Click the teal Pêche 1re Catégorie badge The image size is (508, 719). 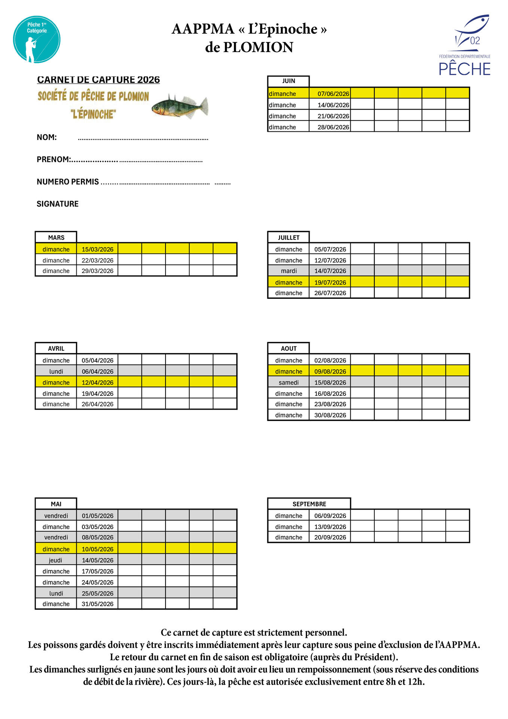point(37,39)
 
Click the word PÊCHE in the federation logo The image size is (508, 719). point(465,69)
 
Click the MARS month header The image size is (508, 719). point(56,237)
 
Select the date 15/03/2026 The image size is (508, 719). point(97,249)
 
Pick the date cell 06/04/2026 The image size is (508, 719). point(97,371)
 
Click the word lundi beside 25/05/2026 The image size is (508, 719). point(56,593)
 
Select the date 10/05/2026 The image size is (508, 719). point(97,549)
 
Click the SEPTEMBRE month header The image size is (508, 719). point(309,504)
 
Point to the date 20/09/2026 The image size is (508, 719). point(330,537)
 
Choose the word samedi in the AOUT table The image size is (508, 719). point(289,382)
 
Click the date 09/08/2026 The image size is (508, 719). point(330,371)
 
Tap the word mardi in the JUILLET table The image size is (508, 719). point(289,271)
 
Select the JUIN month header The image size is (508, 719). point(289,81)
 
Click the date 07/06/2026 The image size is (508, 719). point(333,94)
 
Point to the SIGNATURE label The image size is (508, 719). point(58,204)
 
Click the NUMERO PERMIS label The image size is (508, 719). point(68,182)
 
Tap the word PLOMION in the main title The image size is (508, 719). point(258,48)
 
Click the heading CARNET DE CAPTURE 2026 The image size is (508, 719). point(98,80)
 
